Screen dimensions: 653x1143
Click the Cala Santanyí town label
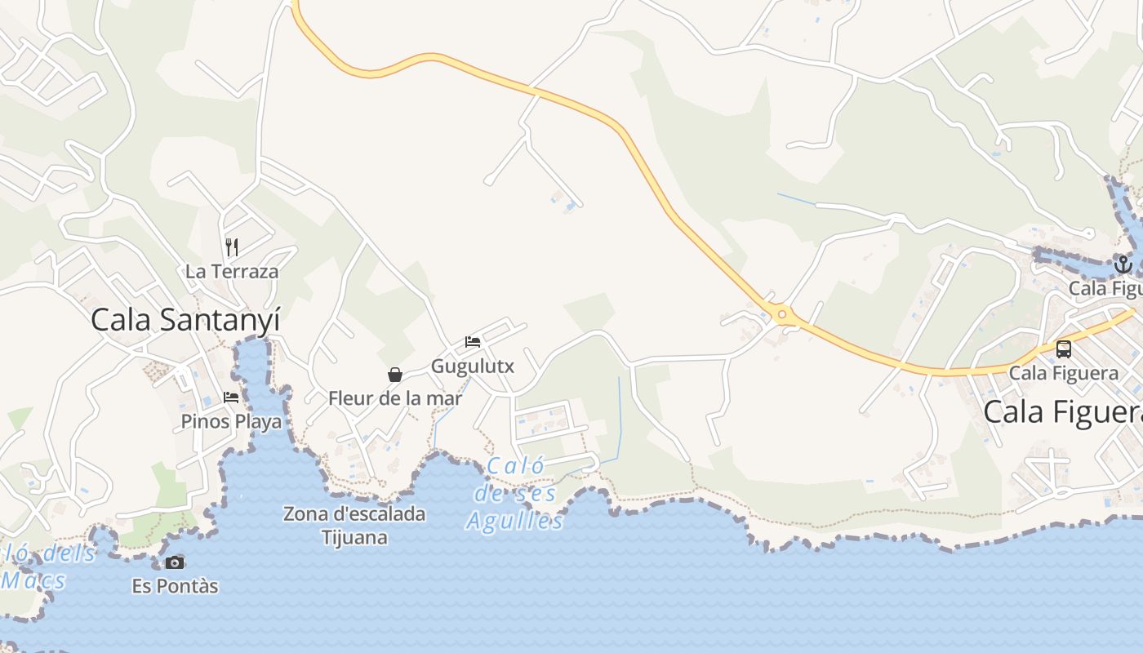click(185, 319)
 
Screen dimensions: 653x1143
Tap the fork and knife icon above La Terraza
click(232, 247)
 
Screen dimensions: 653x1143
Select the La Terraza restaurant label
click(232, 272)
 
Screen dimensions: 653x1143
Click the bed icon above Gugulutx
click(473, 341)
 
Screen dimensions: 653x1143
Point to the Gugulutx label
click(473, 366)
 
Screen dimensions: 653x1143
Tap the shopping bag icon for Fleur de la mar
click(395, 375)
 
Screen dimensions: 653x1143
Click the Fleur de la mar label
click(395, 398)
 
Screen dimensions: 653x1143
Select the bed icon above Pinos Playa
click(231, 398)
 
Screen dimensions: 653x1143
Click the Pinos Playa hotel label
click(231, 421)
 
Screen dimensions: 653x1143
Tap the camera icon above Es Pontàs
click(175, 562)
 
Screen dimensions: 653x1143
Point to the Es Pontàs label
click(175, 586)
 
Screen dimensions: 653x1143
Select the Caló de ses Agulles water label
click(516, 494)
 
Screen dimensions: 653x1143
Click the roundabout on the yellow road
click(782, 314)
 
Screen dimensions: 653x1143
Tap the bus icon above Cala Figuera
click(1063, 349)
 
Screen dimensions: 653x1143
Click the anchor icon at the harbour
click(1123, 264)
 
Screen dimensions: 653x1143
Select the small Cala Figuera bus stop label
click(1063, 373)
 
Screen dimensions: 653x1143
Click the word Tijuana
click(354, 538)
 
